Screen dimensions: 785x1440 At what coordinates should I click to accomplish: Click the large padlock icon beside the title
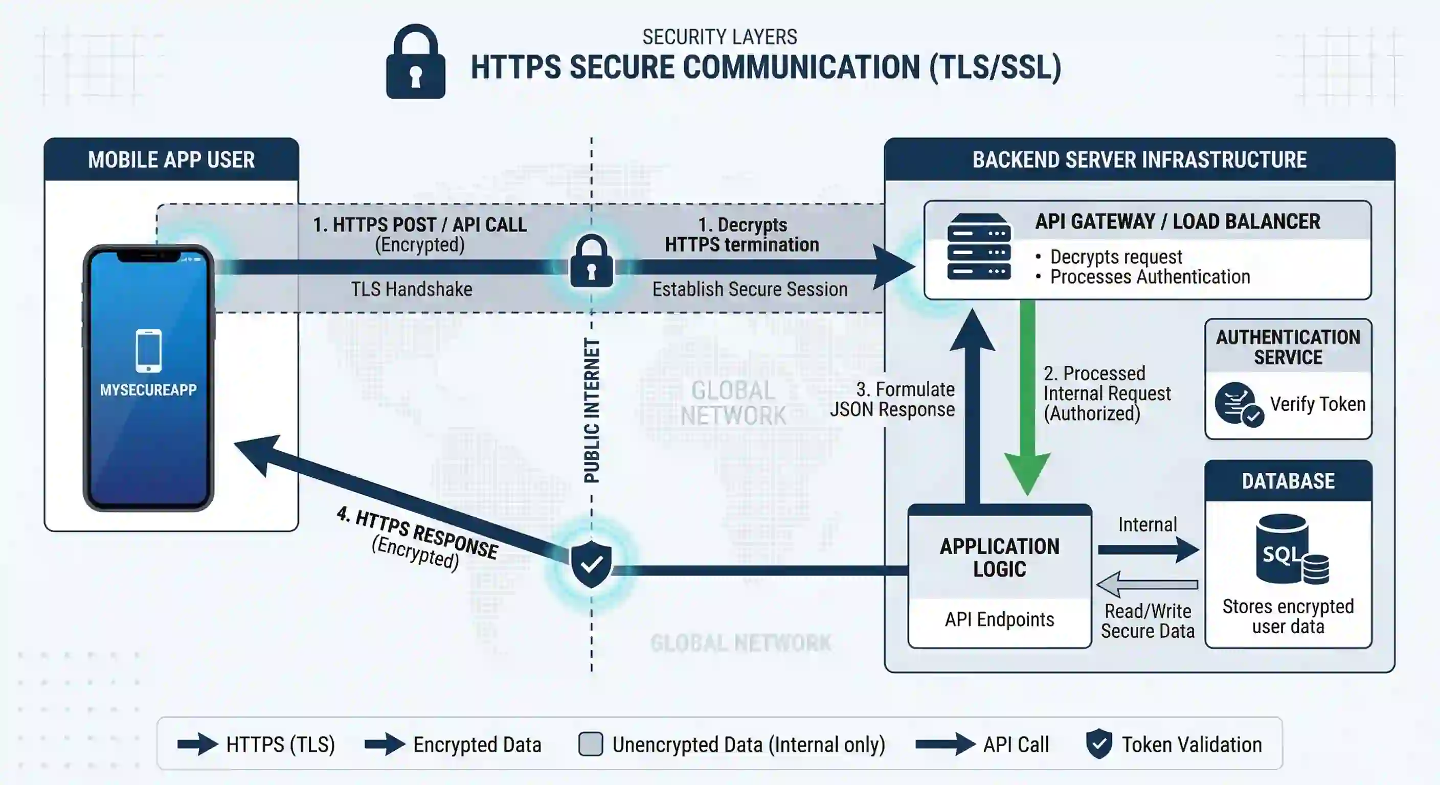415,62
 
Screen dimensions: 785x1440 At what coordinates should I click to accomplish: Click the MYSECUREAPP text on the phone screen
148,390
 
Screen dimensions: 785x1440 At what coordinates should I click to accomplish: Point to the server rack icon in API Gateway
978,246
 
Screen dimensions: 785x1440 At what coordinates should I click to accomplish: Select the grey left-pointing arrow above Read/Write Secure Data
1147,585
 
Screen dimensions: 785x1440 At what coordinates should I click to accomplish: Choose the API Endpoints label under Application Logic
1000,619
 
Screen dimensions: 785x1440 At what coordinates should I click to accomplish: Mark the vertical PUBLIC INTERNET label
592,411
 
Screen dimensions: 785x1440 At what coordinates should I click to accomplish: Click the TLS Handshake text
412,289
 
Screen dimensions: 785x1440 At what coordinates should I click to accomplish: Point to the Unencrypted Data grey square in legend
590,744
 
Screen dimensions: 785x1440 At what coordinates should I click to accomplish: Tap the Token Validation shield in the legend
1098,744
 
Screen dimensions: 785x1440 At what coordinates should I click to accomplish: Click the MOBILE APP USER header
171,160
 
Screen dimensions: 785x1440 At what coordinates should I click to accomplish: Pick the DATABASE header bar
1288,481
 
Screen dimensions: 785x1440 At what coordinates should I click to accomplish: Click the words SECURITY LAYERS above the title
719,37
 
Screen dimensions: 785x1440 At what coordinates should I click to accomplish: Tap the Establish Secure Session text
750,289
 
